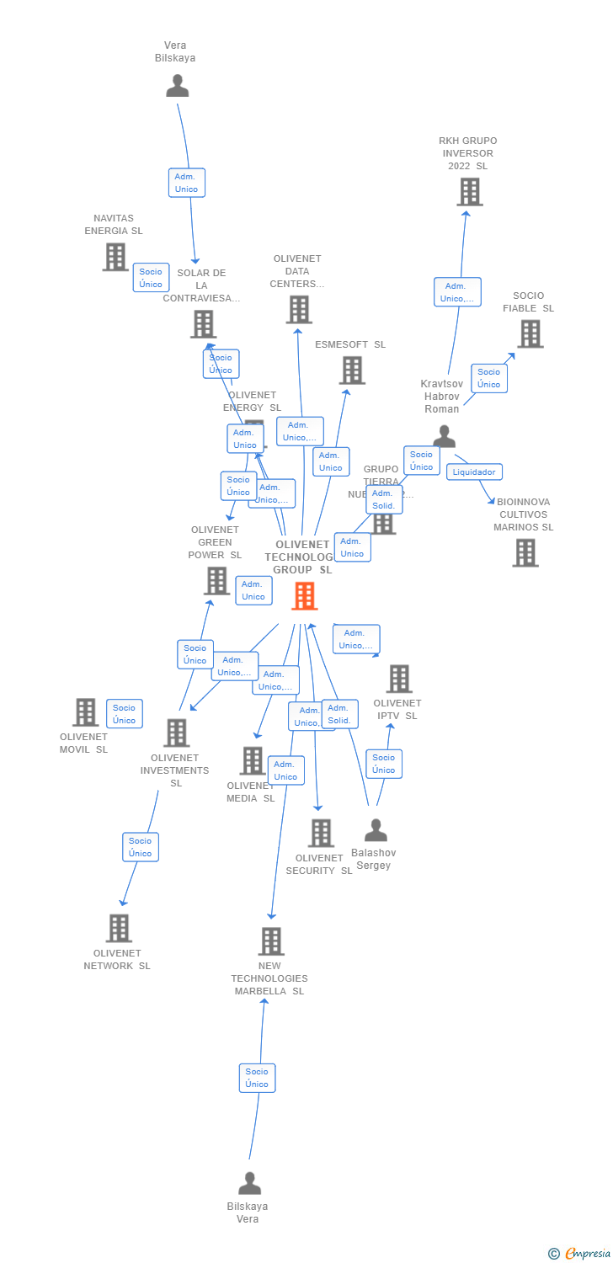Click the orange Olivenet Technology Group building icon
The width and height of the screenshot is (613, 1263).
coord(304,595)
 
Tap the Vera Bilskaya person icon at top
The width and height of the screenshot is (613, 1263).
coord(177,86)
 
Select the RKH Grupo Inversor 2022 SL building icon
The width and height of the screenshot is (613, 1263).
coord(469,192)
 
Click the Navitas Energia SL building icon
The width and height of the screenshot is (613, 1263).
coord(115,257)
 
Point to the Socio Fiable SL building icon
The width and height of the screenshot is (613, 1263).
coord(530,333)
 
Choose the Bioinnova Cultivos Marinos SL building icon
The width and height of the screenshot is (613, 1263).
coord(525,552)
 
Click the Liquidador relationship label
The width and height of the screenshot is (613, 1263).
coord(474,472)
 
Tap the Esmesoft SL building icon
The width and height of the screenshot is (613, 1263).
coord(352,370)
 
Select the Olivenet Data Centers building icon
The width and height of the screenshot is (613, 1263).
coord(299,309)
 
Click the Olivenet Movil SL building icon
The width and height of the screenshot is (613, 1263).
coord(85,712)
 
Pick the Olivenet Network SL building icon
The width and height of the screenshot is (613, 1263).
coord(119,928)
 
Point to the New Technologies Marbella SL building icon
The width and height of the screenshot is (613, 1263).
coord(270,941)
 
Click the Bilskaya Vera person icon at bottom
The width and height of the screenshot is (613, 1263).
coord(249,1183)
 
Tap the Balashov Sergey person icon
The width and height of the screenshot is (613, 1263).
coord(376,830)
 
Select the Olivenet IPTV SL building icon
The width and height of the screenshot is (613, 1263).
coord(398,679)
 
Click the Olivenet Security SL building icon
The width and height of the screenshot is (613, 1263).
coord(321,833)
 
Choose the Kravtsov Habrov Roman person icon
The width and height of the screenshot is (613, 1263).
coord(444,436)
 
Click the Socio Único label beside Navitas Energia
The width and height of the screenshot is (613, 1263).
coord(151,278)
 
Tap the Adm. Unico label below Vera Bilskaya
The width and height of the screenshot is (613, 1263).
coord(186,183)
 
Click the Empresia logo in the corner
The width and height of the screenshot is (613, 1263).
coord(580,1254)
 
